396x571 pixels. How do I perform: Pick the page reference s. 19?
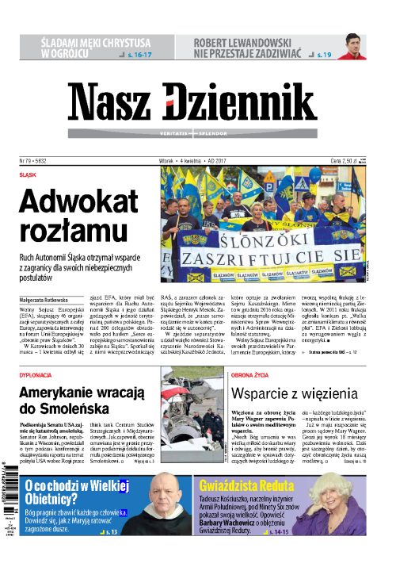pyautogui.click(x=325, y=55)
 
